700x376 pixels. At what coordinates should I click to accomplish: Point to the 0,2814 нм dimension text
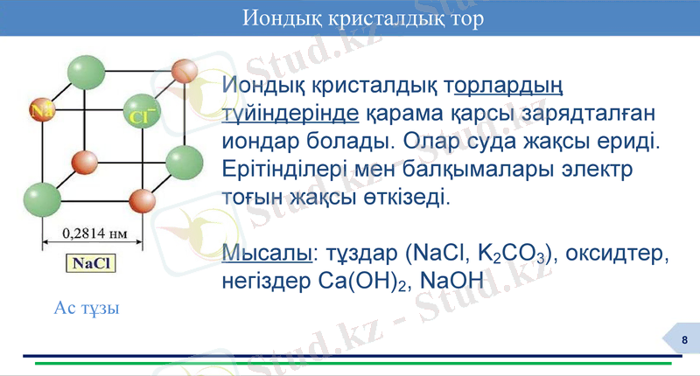(x=91, y=233)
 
